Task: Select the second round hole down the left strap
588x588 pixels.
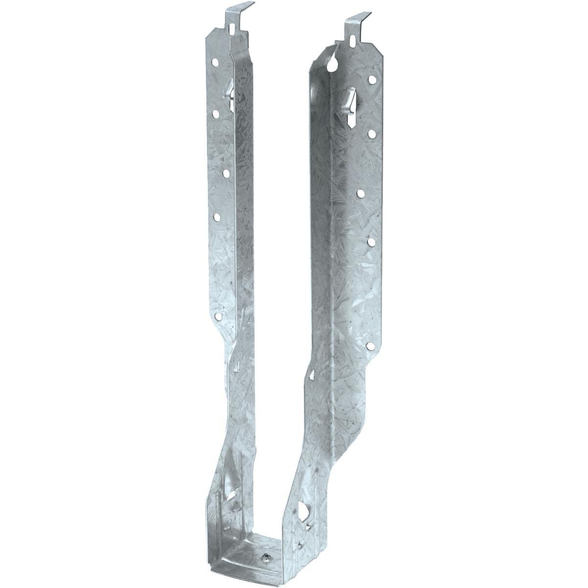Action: tap(215, 113)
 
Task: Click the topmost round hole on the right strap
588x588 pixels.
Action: tap(372, 79)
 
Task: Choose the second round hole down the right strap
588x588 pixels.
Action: tap(372, 133)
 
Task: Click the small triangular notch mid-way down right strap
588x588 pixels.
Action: tap(312, 375)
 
